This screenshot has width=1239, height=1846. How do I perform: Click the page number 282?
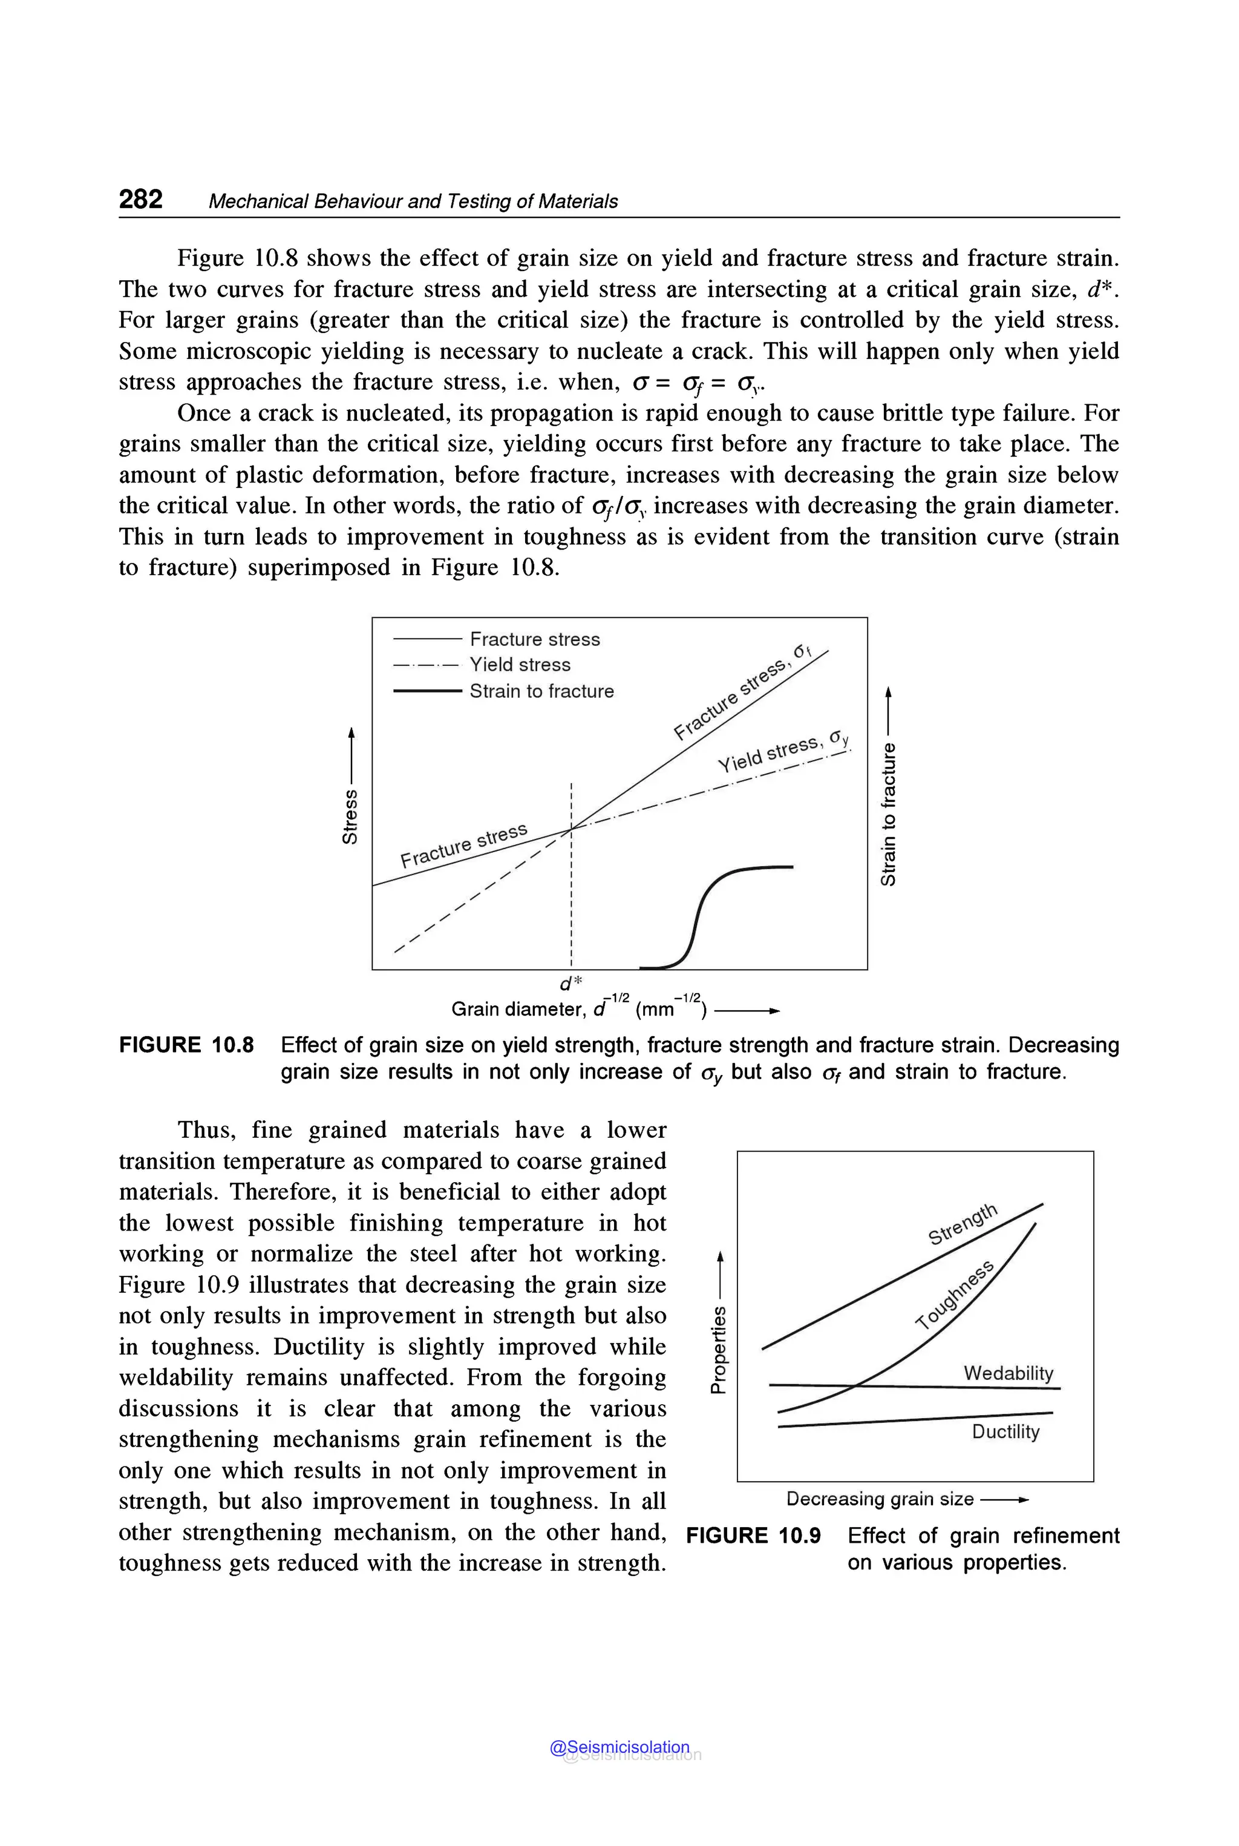140,199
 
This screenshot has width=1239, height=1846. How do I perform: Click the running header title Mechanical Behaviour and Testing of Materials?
413,202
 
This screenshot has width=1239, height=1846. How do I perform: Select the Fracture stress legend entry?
534,639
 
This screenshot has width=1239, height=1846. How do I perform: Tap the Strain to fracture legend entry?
541,691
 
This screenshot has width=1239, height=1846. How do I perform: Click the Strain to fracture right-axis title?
889,814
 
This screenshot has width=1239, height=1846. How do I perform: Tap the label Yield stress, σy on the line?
782,751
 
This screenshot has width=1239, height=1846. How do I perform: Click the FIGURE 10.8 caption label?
186,1045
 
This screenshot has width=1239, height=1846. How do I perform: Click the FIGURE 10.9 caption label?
753,1536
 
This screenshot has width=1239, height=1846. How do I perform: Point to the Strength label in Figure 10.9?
963,1223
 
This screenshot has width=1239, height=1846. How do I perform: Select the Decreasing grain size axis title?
880,1499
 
